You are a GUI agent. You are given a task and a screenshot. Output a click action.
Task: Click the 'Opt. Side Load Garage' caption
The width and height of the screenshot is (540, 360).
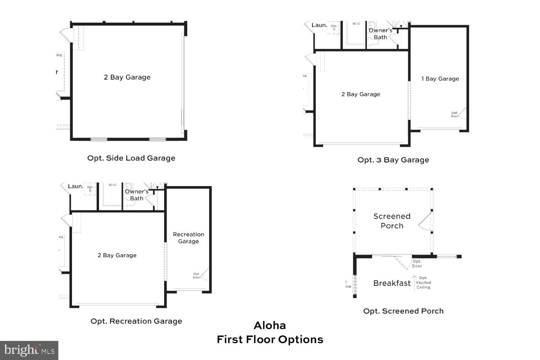pyautogui.click(x=131, y=158)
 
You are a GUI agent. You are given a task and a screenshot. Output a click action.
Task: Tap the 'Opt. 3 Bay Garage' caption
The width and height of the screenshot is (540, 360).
pyautogui.click(x=393, y=160)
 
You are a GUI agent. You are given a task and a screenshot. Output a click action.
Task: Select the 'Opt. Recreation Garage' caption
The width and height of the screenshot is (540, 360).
pyautogui.click(x=136, y=321)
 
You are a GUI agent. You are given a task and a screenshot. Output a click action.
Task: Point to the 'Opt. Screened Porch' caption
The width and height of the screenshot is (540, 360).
pyautogui.click(x=403, y=311)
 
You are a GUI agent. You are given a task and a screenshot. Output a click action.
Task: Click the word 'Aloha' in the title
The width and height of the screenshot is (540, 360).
pyautogui.click(x=270, y=325)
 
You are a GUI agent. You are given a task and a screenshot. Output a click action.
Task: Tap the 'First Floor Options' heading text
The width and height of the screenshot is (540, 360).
pyautogui.click(x=270, y=340)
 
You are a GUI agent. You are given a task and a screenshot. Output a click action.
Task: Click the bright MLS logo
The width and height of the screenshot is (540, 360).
pyautogui.click(x=29, y=350)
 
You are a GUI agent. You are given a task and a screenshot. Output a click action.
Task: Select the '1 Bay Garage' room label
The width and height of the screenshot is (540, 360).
pyautogui.click(x=440, y=79)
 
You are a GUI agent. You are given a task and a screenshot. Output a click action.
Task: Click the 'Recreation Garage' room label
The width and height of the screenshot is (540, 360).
pyautogui.click(x=188, y=238)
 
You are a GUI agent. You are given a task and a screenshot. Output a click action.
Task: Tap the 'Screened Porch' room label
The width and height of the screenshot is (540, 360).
pyautogui.click(x=392, y=221)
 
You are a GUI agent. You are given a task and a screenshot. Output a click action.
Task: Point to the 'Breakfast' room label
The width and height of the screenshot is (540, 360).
pyautogui.click(x=392, y=283)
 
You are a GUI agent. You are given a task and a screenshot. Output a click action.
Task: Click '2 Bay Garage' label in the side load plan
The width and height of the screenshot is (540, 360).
pyautogui.click(x=127, y=77)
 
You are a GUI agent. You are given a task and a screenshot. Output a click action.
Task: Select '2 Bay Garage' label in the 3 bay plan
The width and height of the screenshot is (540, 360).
pyautogui.click(x=361, y=94)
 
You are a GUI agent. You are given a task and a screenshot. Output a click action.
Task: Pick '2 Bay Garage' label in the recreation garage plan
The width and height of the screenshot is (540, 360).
pyautogui.click(x=117, y=255)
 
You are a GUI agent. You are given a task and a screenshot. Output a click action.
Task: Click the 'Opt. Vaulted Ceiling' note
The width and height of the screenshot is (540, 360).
pyautogui.click(x=423, y=283)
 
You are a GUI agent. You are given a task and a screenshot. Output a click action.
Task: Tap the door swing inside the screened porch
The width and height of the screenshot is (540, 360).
pyautogui.click(x=425, y=222)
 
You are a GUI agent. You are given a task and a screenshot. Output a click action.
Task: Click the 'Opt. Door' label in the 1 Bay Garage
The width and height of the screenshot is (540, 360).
pyautogui.click(x=454, y=114)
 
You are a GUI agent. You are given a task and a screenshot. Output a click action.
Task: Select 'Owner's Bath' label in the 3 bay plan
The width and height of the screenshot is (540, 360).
pyautogui.click(x=380, y=34)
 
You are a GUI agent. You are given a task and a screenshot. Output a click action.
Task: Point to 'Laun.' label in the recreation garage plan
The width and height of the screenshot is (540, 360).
pyautogui.click(x=75, y=186)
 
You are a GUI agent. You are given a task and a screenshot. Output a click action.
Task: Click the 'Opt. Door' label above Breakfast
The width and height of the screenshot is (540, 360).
pyautogui.click(x=417, y=264)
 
